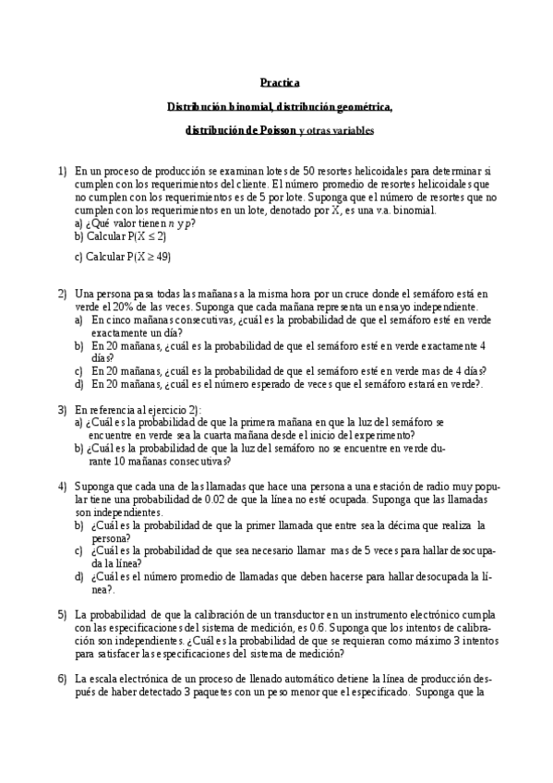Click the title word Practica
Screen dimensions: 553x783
coord(279,82)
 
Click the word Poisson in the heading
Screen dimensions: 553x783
coord(272,131)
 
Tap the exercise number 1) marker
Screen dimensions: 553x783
coord(62,171)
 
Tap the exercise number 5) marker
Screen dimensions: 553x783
coord(62,615)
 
